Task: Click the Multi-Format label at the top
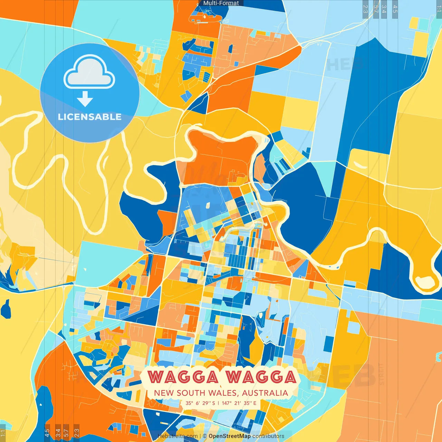point(221,3)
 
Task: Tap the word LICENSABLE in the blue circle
point(90,117)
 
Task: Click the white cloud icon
point(89,72)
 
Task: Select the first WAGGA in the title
point(183,377)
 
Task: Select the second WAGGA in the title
point(261,377)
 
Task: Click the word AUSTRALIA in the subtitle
point(265,393)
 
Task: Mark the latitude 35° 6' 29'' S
point(200,403)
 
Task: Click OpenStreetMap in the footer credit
point(230,436)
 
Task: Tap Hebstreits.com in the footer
point(178,436)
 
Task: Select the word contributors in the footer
point(268,436)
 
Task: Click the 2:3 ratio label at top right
point(365,9)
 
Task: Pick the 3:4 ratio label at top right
point(384,9)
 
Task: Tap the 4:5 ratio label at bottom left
point(47,433)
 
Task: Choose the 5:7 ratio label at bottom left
point(66,433)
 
